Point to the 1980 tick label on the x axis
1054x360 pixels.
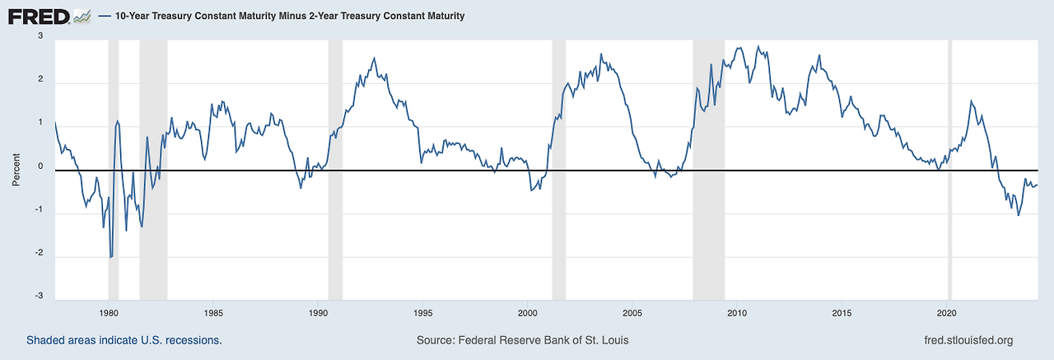pyautogui.click(x=109, y=313)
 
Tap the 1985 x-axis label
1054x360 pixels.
pyautogui.click(x=213, y=313)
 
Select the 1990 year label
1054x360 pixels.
pyautogui.click(x=318, y=313)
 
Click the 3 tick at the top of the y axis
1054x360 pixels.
pyautogui.click(x=40, y=37)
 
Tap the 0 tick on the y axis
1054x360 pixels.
pyautogui.click(x=40, y=167)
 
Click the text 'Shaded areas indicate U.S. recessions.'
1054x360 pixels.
pyautogui.click(x=124, y=340)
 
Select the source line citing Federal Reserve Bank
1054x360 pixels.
pyautogui.click(x=523, y=340)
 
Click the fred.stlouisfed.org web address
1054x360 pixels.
pyautogui.click(x=969, y=340)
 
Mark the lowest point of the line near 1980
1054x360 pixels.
pyautogui.click(x=110, y=258)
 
